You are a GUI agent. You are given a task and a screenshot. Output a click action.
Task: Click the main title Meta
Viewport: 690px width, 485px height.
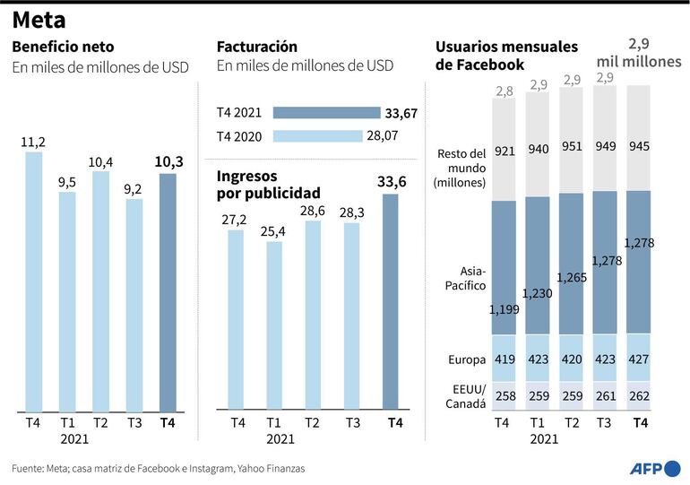coord(39,20)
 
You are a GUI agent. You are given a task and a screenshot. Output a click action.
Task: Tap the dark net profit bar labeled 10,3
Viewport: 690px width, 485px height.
coord(168,291)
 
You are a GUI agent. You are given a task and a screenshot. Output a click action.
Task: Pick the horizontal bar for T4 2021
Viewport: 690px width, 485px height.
coord(326,113)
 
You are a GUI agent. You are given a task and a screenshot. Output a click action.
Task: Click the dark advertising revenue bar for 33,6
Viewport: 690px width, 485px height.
coord(391,301)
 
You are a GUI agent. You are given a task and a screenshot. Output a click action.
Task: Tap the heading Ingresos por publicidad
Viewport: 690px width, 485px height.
coord(268,184)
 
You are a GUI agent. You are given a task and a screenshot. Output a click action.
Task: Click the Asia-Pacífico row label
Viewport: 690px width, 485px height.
coord(466,278)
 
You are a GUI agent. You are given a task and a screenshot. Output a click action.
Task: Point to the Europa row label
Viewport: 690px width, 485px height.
coord(466,360)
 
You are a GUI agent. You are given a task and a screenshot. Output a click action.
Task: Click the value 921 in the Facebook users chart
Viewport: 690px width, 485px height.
coord(505,151)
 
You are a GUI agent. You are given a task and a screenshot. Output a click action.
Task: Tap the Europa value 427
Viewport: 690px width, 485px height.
coord(637,359)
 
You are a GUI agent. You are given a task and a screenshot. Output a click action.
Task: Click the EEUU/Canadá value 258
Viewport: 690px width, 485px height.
coord(505,395)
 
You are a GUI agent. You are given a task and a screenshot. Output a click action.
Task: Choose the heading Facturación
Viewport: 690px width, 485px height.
coord(257,46)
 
